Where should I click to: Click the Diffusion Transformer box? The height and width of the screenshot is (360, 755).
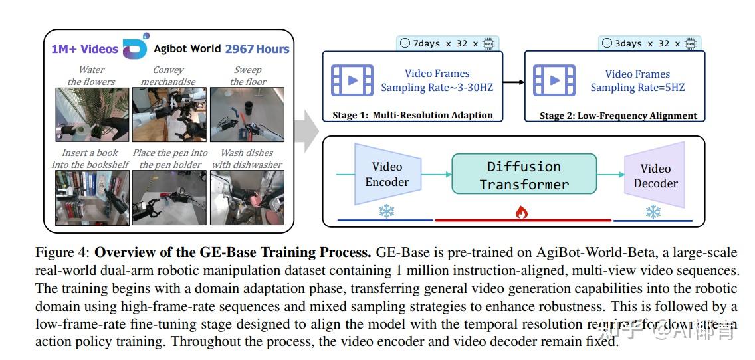(524, 175)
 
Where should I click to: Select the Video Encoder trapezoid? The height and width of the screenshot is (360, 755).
(387, 175)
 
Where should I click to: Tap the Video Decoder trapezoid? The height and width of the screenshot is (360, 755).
(655, 176)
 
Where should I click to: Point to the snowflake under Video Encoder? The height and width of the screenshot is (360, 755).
(386, 211)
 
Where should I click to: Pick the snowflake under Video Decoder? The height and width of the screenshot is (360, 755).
(653, 212)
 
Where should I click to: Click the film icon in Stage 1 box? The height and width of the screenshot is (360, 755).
(352, 80)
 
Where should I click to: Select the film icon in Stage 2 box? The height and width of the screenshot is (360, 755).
(554, 80)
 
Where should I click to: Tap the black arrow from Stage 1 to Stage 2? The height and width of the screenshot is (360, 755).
(513, 82)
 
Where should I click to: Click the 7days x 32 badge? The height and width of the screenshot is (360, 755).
(447, 43)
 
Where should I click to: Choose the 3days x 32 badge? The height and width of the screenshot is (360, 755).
(649, 44)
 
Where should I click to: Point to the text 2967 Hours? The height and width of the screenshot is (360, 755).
(257, 49)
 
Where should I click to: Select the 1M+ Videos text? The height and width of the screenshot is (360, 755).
(84, 49)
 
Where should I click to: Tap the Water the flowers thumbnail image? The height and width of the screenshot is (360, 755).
(91, 115)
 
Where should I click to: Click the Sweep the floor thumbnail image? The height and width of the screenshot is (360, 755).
(247, 115)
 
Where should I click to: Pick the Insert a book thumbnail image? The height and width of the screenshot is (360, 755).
(91, 197)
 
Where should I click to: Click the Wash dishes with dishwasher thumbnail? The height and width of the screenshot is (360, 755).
(247, 197)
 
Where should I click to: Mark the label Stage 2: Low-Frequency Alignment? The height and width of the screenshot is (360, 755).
(618, 116)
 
